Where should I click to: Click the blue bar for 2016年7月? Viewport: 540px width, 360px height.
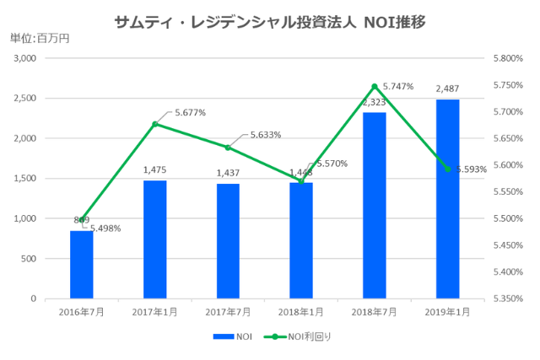pyautogui.click(x=82, y=264)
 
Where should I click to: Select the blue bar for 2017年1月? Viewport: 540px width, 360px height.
pyautogui.click(x=155, y=239)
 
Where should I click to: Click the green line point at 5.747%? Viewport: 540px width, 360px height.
pyautogui.click(x=374, y=86)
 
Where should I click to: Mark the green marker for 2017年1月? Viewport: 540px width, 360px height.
pyautogui.click(x=155, y=124)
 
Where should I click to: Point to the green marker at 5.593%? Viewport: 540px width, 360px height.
pyautogui.click(x=447, y=169)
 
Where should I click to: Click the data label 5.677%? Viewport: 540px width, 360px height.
pyautogui.click(x=190, y=111)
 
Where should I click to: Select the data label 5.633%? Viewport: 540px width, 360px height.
pyautogui.click(x=266, y=134)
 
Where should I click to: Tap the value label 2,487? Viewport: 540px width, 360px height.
pyautogui.click(x=447, y=89)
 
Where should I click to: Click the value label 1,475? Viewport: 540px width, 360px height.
pyautogui.click(x=155, y=169)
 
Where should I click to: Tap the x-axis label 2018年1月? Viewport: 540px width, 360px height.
pyautogui.click(x=301, y=312)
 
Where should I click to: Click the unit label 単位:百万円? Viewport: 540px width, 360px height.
pyautogui.click(x=40, y=38)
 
